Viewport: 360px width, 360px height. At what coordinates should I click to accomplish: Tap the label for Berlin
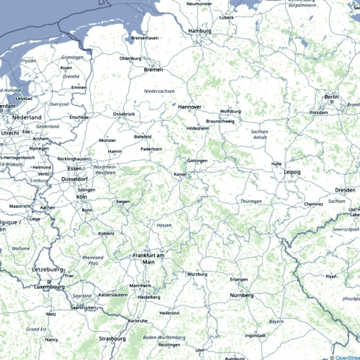[331, 96]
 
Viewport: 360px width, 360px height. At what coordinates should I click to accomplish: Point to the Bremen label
[154, 70]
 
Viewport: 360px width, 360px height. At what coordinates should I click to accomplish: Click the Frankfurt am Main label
[149, 258]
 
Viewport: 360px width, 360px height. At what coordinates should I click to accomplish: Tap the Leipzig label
[292, 172]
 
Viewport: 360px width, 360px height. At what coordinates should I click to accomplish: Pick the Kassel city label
[181, 174]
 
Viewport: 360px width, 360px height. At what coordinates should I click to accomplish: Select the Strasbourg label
[113, 338]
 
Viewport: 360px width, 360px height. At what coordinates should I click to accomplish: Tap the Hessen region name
[164, 225]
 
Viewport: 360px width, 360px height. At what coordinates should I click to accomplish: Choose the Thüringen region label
[251, 201]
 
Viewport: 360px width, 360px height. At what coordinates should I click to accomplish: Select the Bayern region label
[276, 322]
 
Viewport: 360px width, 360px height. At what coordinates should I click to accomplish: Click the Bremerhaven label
[145, 38]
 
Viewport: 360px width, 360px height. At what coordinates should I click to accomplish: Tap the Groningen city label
[73, 57]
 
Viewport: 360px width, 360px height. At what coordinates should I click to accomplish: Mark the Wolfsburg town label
[230, 112]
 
